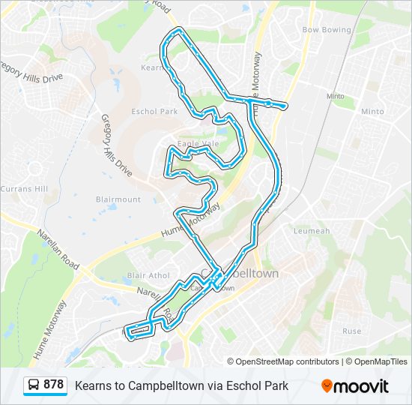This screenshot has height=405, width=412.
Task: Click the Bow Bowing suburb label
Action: [x=326, y=30]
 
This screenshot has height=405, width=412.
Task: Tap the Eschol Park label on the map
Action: [x=154, y=112]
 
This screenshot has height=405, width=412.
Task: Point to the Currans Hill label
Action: [x=24, y=188]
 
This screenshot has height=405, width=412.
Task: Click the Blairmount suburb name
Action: [x=118, y=199]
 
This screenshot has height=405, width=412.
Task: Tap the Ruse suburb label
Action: [x=351, y=331]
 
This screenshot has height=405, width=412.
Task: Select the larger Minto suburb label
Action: [x=372, y=112]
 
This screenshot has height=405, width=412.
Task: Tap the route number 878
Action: [x=54, y=385]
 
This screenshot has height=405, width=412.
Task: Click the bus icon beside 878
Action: [x=34, y=385]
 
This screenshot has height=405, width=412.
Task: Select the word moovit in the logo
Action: [x=361, y=386]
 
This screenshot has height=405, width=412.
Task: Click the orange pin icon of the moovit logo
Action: [x=327, y=385]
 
